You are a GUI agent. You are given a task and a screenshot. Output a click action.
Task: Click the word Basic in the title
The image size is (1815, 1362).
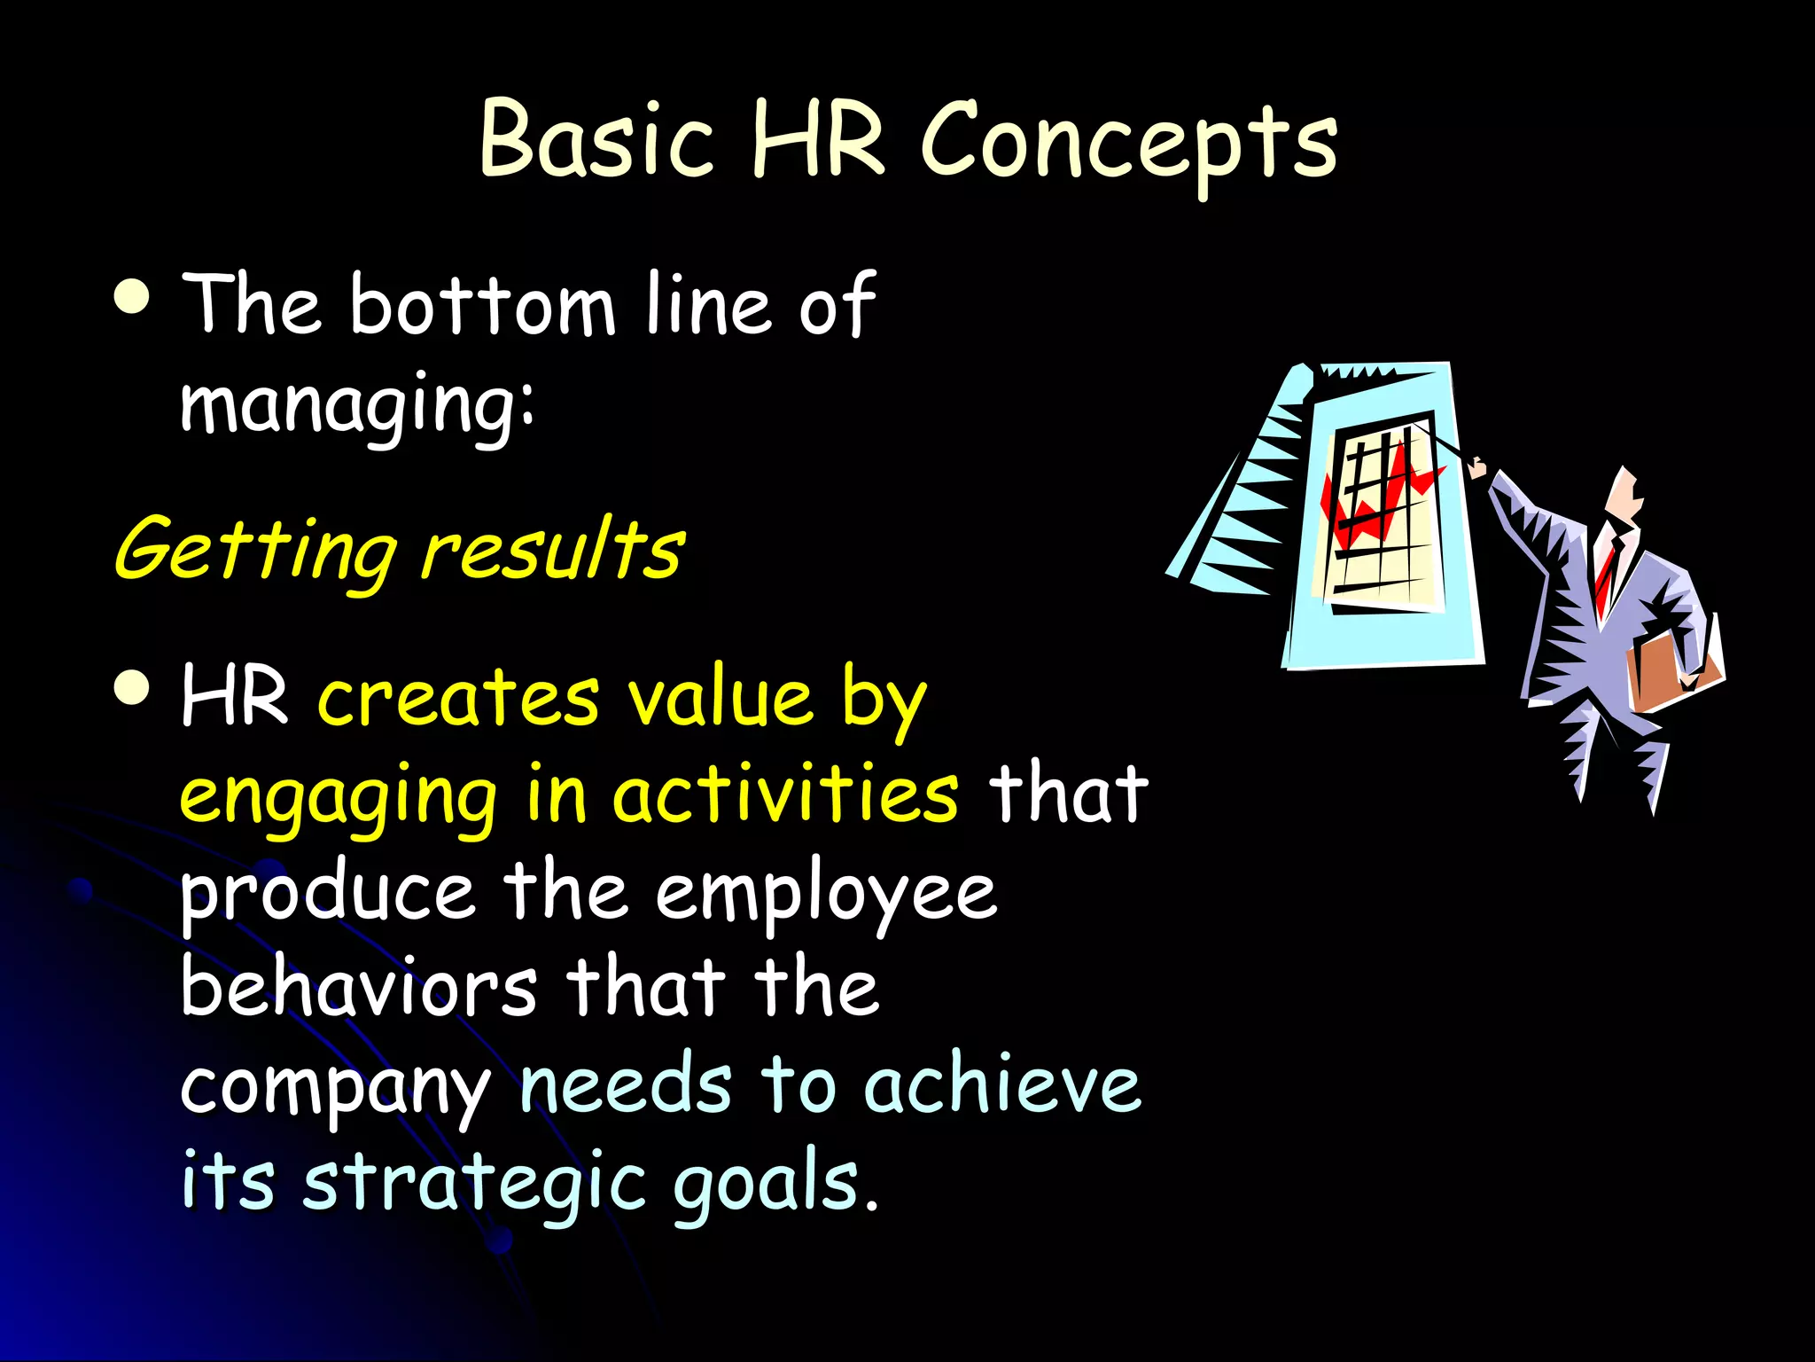pos(596,139)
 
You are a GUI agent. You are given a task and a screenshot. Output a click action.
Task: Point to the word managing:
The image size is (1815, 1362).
pos(357,405)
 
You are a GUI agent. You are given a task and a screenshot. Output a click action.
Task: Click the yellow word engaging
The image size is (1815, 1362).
pos(338,795)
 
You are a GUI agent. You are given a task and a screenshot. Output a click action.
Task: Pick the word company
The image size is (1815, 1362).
pos(335,1088)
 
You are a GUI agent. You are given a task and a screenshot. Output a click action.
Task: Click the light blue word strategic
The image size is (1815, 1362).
pos(474,1184)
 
